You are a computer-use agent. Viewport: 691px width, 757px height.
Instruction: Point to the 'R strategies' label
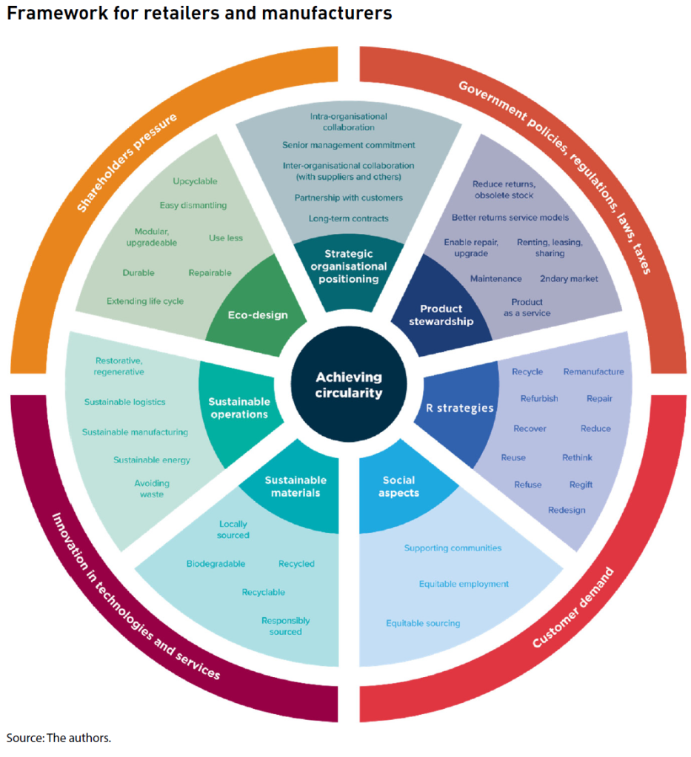(x=459, y=408)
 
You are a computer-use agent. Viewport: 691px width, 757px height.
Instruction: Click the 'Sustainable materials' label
(x=296, y=486)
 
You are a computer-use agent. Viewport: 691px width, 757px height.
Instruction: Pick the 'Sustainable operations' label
(x=238, y=408)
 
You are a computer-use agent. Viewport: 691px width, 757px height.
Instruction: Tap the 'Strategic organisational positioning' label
(x=348, y=266)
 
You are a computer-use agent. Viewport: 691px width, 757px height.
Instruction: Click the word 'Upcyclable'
(x=195, y=181)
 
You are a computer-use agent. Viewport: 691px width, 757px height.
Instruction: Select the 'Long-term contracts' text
(x=348, y=218)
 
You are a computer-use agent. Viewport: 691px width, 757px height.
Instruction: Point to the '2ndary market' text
(x=568, y=278)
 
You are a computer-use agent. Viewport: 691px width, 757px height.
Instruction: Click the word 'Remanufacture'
(x=593, y=371)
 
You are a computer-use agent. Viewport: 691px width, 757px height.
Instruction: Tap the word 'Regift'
(x=581, y=485)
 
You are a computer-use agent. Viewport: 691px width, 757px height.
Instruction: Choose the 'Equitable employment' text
(x=464, y=584)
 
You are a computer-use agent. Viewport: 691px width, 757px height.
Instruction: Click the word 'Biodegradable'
(x=216, y=564)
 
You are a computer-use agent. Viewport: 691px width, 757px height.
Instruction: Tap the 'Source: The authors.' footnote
(x=59, y=738)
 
